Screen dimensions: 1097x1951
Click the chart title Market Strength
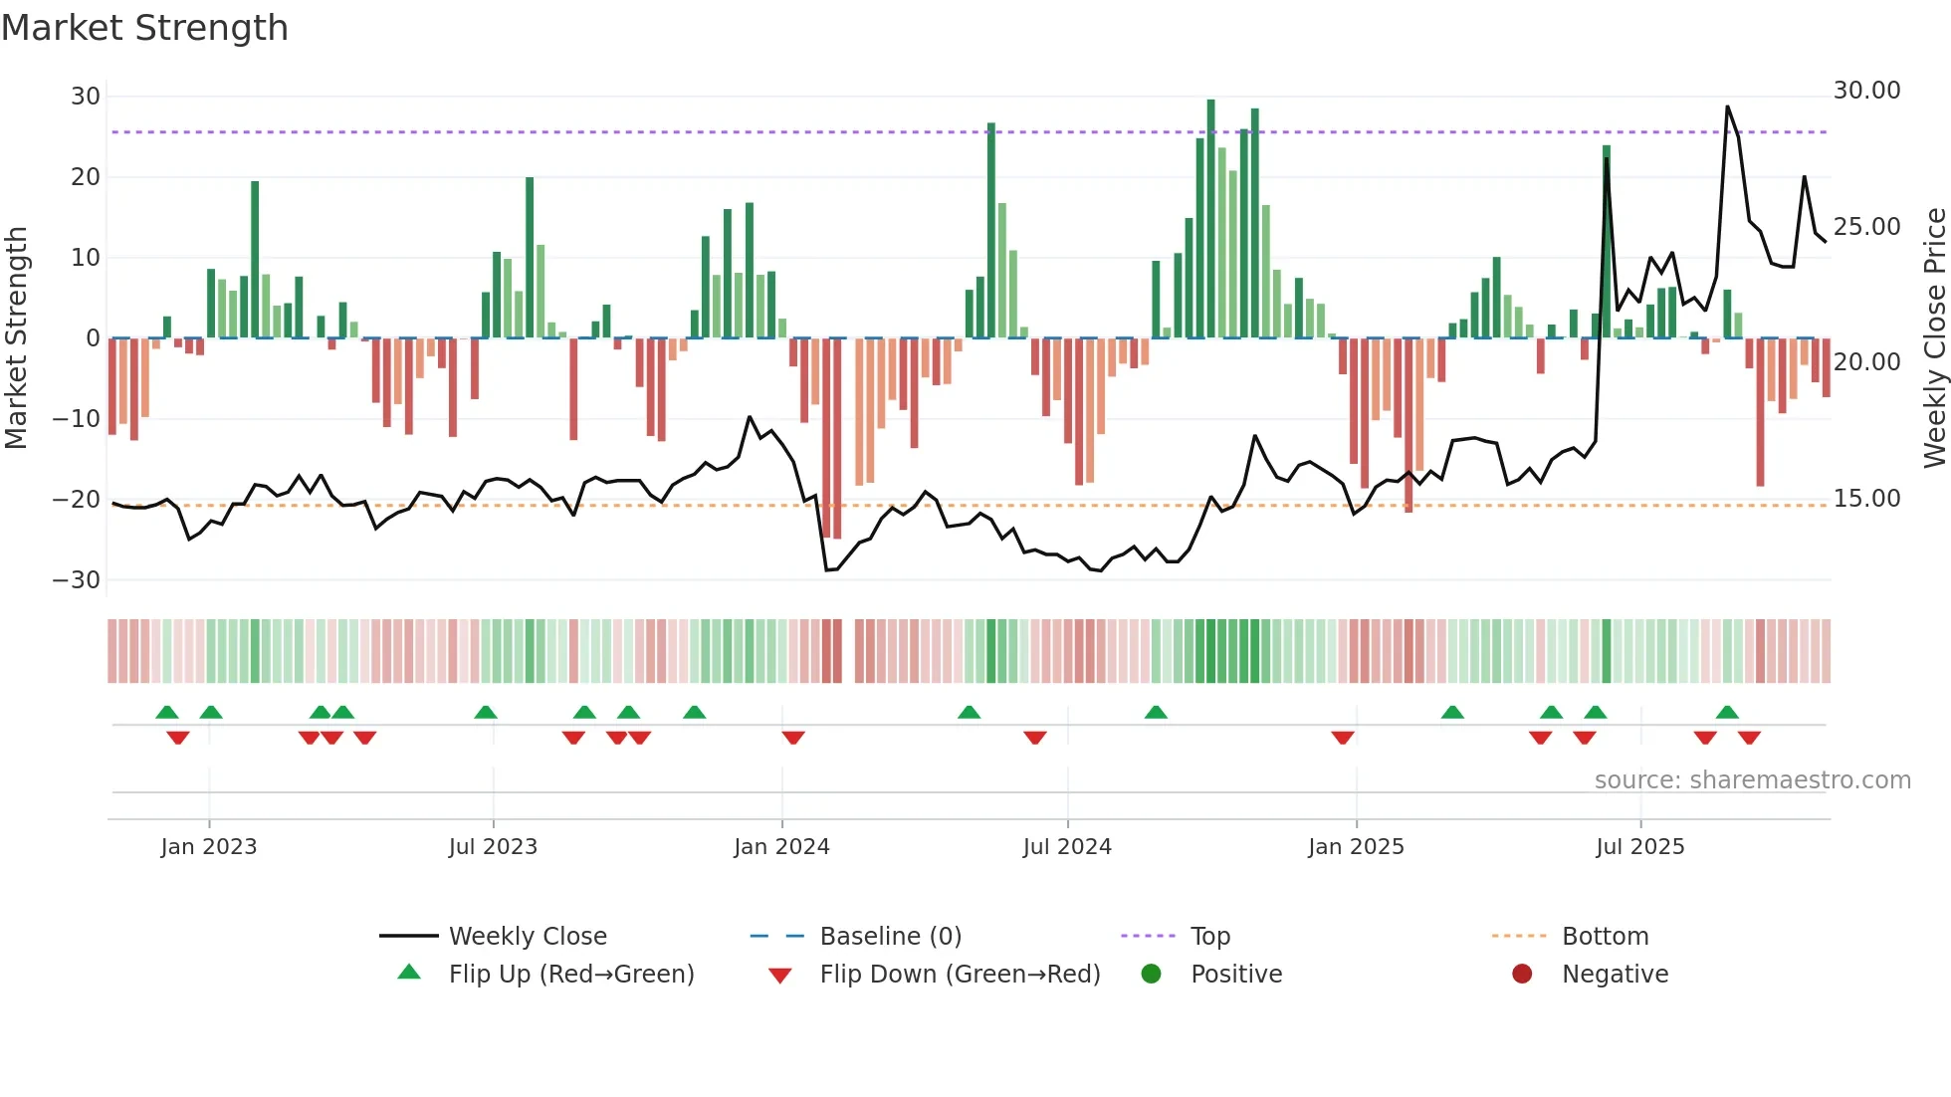coord(144,28)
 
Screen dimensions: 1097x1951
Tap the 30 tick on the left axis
coord(86,97)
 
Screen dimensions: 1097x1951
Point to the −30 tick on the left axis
coord(77,580)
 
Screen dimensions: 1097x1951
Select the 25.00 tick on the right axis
coord(1866,227)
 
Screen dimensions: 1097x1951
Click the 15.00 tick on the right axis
coord(1866,499)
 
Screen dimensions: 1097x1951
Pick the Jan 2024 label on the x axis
coord(781,847)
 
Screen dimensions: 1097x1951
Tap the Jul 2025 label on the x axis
coord(1639,847)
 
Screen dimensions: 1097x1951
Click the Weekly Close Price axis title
coord(1934,337)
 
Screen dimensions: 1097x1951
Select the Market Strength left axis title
coord(17,337)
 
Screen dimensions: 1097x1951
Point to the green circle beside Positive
coord(1151,974)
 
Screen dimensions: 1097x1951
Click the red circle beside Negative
coord(1521,974)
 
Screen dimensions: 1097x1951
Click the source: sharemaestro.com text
coord(1752,780)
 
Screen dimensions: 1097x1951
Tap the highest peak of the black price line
coord(1727,108)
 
